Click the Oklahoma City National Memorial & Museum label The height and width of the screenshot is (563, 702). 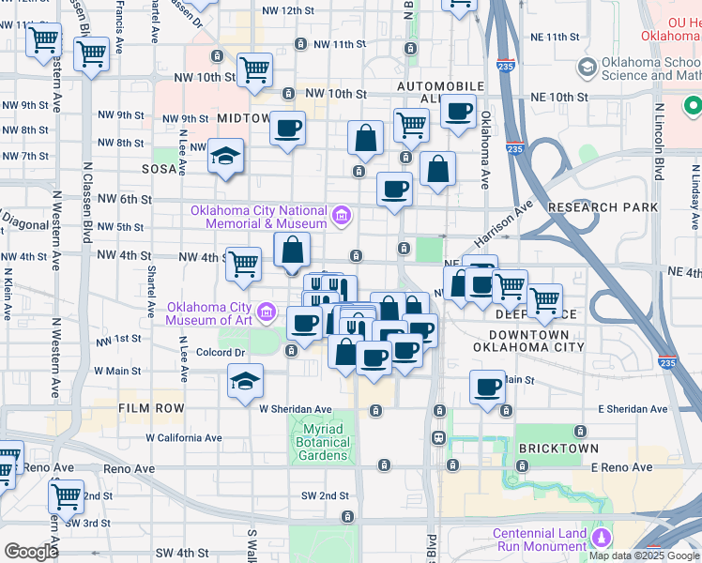259,217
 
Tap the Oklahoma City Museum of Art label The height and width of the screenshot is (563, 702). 209,313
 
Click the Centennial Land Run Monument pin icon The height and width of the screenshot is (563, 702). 601,538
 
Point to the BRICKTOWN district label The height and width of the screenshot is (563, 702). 557,448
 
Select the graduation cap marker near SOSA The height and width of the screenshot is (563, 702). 226,156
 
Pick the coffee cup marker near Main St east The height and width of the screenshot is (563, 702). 488,387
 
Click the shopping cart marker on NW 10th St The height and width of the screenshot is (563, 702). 255,70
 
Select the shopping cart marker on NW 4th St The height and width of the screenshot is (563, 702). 244,265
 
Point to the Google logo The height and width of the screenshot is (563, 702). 31,551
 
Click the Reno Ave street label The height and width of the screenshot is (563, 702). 130,467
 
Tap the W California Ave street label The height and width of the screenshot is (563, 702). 184,437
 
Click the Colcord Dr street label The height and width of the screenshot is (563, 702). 221,353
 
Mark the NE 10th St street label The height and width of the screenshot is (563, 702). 558,97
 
